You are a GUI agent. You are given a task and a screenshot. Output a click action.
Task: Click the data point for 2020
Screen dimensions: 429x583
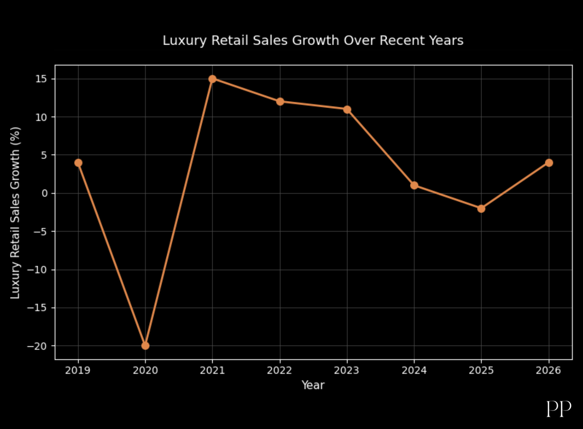point(145,345)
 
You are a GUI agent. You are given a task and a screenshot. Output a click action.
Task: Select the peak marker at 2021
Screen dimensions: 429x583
point(212,79)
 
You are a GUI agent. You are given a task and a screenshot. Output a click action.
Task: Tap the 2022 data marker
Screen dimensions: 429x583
point(280,102)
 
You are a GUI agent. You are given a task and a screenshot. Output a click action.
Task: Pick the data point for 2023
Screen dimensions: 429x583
point(347,110)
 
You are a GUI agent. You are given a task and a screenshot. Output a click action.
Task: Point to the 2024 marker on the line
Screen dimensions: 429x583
point(414,185)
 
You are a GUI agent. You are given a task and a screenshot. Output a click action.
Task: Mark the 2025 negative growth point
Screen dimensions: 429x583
point(481,209)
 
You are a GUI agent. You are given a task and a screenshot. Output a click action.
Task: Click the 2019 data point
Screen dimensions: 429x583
point(79,163)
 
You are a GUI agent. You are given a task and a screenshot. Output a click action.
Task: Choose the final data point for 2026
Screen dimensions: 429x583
point(549,163)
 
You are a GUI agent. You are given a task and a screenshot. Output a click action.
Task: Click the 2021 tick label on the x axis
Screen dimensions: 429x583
point(212,370)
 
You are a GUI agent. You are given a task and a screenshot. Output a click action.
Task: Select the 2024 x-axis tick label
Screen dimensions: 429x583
point(414,370)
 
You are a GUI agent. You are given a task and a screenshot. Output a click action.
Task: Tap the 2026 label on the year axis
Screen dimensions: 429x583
point(548,370)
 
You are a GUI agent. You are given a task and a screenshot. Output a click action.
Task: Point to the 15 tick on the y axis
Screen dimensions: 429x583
point(41,79)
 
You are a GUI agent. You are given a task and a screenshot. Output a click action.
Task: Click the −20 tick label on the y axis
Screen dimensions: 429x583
point(37,346)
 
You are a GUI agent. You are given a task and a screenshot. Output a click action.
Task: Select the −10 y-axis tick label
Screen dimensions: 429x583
point(37,270)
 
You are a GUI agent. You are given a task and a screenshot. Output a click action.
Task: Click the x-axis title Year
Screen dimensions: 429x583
point(313,385)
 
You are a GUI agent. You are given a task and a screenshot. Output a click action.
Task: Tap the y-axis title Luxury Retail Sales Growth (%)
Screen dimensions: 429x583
point(15,213)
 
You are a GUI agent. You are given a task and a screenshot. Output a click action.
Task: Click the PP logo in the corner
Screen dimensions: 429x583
point(559,408)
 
